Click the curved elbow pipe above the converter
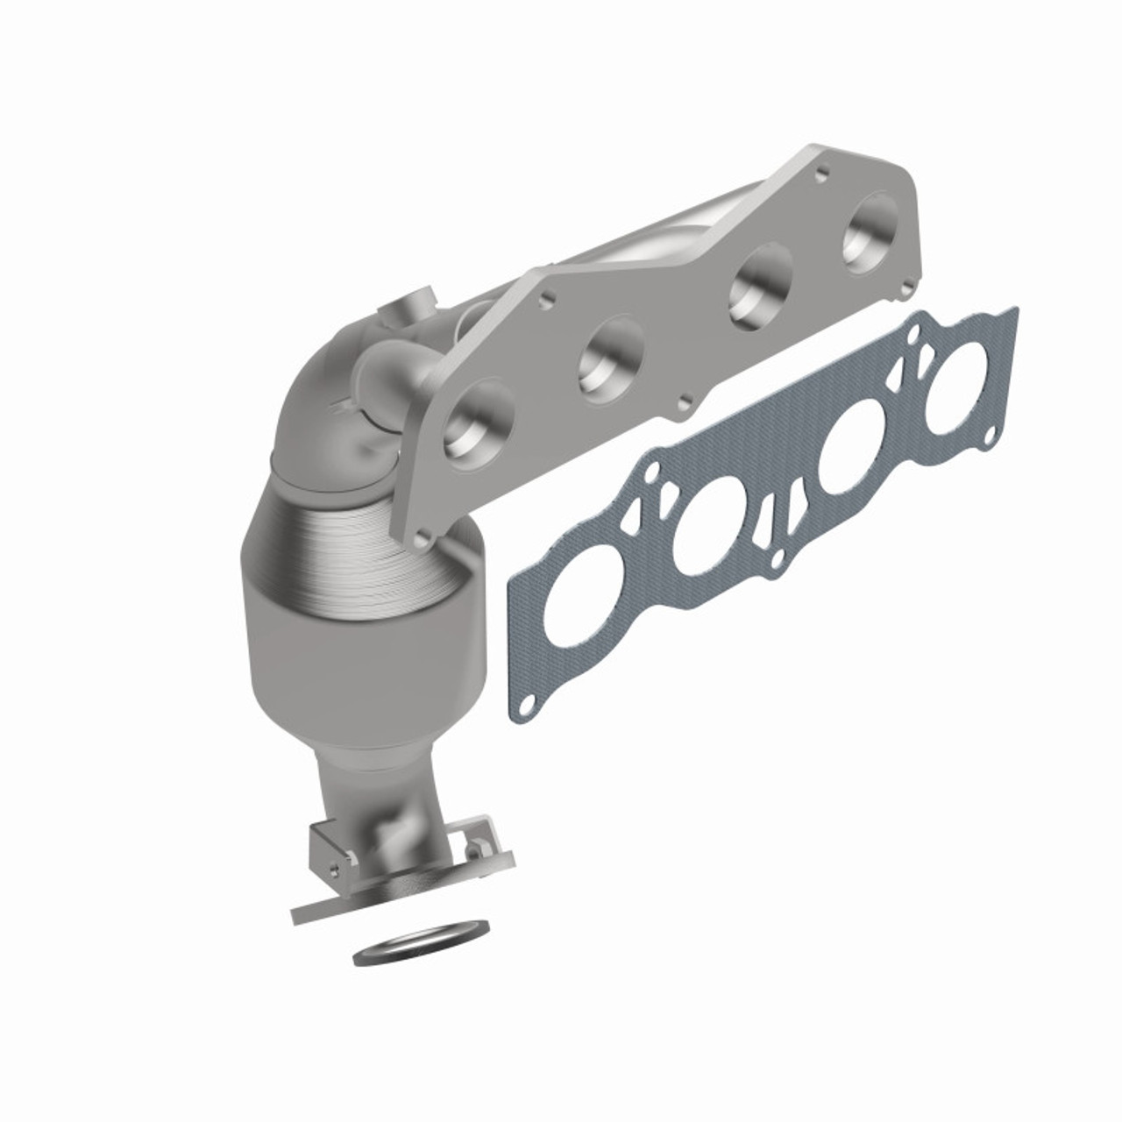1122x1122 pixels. point(320,394)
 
